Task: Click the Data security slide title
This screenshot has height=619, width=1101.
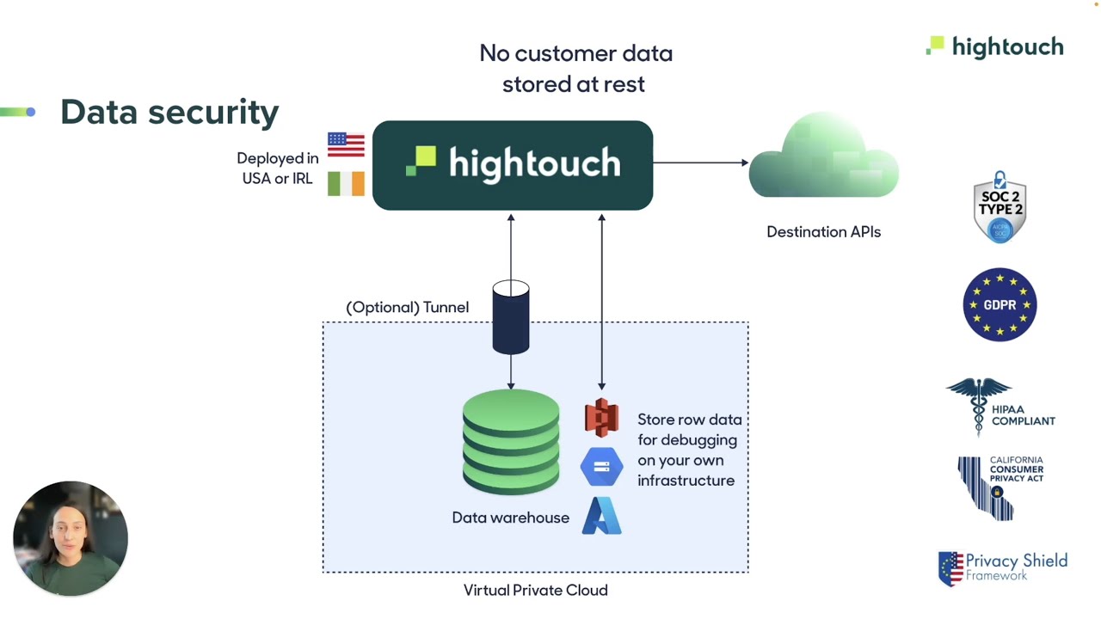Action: (169, 112)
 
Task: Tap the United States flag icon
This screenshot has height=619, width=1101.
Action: (346, 144)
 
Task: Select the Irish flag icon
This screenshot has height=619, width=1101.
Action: (346, 183)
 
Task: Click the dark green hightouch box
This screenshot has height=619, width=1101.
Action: (513, 165)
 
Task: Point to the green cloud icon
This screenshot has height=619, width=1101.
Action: (823, 160)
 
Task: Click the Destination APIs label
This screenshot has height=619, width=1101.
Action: (823, 231)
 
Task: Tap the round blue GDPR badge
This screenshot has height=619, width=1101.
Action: (1000, 304)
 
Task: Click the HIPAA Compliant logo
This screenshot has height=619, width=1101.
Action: (1000, 408)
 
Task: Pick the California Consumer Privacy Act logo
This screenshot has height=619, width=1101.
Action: (1000, 487)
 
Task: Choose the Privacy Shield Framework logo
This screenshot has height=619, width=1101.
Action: (1002, 568)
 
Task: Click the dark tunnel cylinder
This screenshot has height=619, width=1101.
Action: (511, 317)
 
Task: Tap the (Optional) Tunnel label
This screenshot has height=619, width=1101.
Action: (407, 307)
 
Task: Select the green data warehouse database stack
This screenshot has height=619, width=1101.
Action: (511, 442)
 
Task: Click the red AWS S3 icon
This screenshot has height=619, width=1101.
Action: (601, 418)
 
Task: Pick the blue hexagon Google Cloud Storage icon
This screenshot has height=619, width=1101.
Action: (601, 467)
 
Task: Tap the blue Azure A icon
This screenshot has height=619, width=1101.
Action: (601, 517)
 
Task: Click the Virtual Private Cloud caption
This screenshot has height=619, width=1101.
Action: (535, 590)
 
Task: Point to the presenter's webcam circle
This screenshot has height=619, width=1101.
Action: (71, 538)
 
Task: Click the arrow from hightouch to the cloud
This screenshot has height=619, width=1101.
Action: (700, 162)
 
